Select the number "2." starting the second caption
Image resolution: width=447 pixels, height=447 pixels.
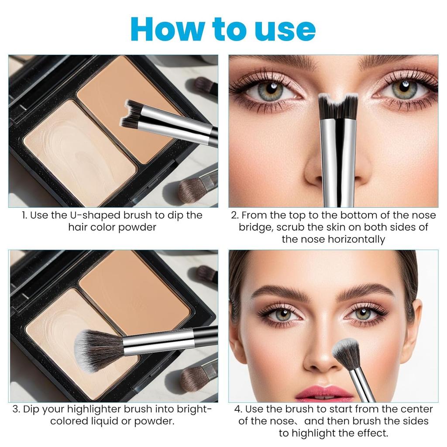tap(235, 215)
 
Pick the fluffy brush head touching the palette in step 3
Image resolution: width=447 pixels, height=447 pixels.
tap(97, 349)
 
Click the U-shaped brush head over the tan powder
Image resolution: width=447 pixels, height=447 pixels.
tap(134, 114)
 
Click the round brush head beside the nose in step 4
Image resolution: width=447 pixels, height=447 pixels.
tap(346, 353)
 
